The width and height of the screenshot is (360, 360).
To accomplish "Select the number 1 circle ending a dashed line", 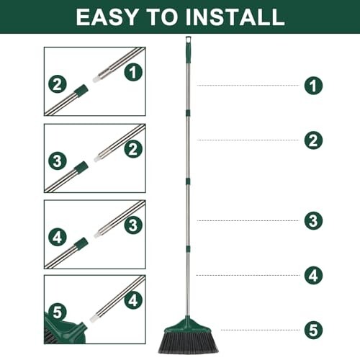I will (312, 86).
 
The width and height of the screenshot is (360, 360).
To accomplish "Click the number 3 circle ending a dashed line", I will (312, 220).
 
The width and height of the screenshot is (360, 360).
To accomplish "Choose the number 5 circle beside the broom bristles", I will (312, 330).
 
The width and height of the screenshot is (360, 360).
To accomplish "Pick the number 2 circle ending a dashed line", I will (312, 140).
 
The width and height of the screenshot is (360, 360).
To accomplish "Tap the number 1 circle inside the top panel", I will (132, 71).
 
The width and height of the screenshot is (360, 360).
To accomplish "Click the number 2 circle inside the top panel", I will (58, 84).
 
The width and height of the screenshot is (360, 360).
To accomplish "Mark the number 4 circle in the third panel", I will (58, 236).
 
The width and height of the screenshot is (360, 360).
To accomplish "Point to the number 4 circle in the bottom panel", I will (132, 300).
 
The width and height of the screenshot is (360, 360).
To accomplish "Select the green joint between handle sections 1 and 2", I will (188, 112).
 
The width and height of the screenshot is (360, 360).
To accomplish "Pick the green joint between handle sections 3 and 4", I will (188, 248).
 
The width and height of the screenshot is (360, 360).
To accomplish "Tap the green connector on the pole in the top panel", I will (81, 91).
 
